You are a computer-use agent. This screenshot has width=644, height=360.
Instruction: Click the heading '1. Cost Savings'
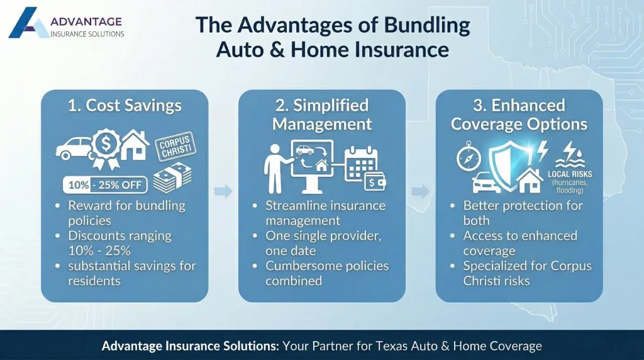point(125,106)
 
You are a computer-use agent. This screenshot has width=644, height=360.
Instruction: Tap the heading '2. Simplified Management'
point(321,114)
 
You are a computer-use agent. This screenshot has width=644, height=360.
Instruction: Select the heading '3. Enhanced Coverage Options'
point(519,114)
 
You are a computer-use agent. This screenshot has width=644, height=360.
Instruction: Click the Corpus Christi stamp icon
point(175,147)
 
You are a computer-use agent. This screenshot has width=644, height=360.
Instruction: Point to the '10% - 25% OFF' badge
point(105,184)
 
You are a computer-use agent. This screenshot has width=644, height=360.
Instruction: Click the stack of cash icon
point(172,178)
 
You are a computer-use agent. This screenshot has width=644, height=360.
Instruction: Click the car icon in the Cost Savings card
point(74,149)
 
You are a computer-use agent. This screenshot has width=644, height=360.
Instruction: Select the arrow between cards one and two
point(223,191)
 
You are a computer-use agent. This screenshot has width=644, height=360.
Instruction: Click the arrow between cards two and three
point(421,191)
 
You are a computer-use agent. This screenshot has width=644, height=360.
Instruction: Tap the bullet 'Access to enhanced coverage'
point(519,243)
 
